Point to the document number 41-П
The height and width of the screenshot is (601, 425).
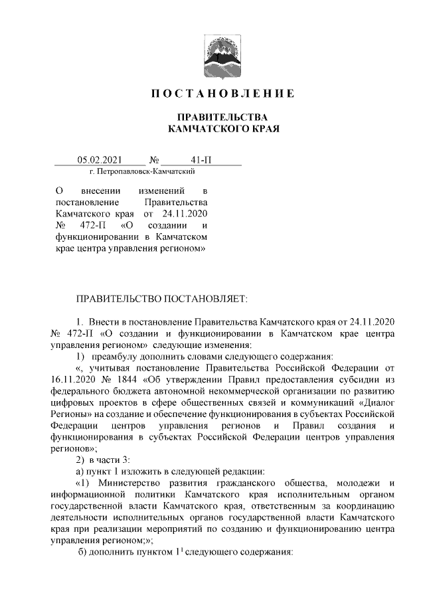(200, 159)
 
